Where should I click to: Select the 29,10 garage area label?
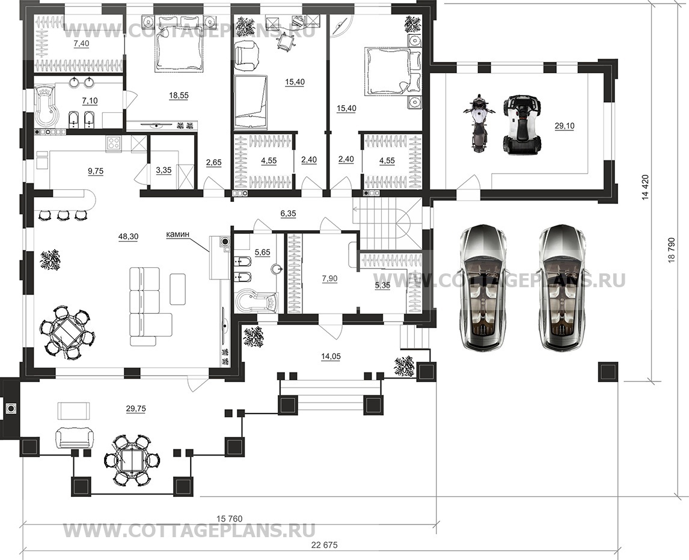point(564,126)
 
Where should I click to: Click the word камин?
point(177,234)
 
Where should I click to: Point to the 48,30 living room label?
point(128,236)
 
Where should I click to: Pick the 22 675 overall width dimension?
point(324,545)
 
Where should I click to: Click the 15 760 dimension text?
point(230,519)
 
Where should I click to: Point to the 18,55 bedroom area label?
point(179,95)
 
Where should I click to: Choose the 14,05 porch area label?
point(331,356)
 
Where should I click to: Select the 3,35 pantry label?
point(164,170)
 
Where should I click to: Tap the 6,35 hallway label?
point(288,213)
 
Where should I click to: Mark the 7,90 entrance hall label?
point(329,278)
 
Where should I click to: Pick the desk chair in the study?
point(285,40)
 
